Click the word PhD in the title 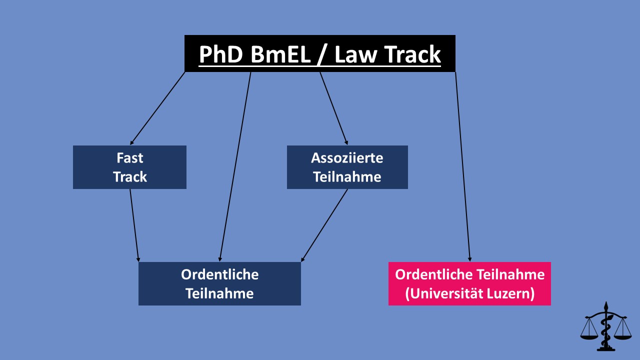[221, 54]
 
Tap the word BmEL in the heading [281, 54]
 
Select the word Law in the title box [355, 54]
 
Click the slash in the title [322, 55]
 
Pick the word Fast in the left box [129, 157]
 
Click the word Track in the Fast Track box [129, 176]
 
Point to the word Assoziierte [347, 157]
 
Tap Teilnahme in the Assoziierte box [347, 176]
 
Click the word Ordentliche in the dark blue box [219, 274]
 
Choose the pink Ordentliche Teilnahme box [469, 283]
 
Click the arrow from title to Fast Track [157, 108]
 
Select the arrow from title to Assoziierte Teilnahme [333, 108]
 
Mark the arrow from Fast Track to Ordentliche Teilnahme [134, 225]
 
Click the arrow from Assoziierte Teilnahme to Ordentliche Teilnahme [324, 225]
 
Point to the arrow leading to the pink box [462, 167]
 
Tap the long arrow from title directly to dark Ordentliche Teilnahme [235, 167]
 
